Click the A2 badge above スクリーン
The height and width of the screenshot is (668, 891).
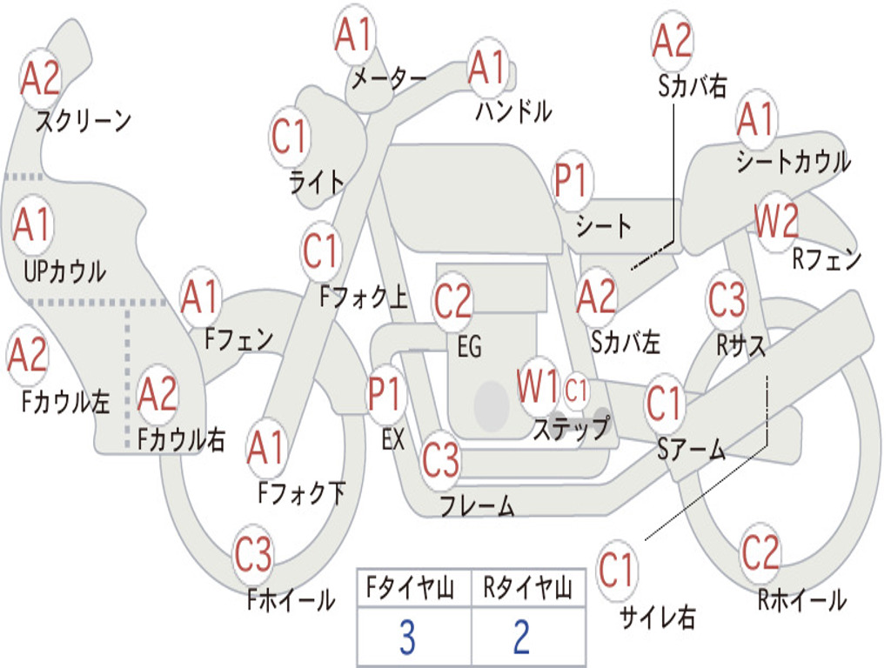coord(40,77)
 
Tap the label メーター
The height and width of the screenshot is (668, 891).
coord(388,77)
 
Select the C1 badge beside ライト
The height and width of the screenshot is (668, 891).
coord(290,137)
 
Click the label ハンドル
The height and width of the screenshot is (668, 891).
coord(513,110)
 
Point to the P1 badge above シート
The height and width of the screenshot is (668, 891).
coord(573,180)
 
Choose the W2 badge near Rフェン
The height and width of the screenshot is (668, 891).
coord(776,222)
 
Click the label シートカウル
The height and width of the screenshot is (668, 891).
coord(794,161)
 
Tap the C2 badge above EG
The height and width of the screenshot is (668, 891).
coord(452,302)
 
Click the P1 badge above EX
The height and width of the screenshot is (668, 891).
coord(386,393)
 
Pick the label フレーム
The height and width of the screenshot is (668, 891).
coord(478,505)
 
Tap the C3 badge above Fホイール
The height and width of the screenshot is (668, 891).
coord(253,554)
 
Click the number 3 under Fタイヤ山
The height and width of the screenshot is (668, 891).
coord(407,637)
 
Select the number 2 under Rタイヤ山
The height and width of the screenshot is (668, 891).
coord(522,637)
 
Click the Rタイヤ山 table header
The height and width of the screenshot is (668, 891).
coord(527,587)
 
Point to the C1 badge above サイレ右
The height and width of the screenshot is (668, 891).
coord(616,570)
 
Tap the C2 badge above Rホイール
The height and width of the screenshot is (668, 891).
coord(760,552)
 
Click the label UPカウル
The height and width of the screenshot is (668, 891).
coord(64,271)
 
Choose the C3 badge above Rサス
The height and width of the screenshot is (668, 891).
coord(727,299)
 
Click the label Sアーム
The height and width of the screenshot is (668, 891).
coord(692,450)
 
